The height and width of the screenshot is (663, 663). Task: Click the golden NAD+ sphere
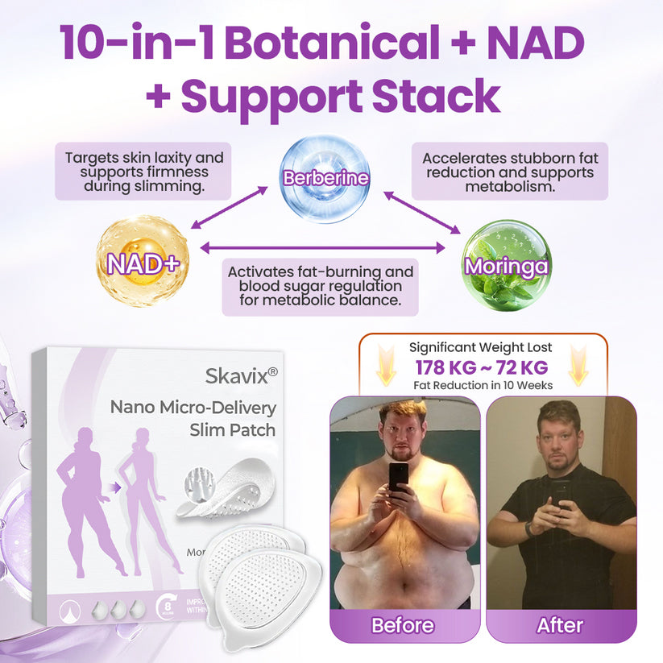click(143, 261)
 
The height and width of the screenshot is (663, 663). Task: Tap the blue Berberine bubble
click(325, 178)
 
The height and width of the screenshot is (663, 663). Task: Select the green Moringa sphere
click(506, 266)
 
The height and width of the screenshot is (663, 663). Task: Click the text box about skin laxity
click(143, 172)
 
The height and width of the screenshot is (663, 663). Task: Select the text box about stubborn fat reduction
click(509, 172)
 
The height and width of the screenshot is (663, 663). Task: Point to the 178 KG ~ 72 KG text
click(482, 368)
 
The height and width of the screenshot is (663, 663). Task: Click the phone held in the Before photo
click(398, 476)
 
